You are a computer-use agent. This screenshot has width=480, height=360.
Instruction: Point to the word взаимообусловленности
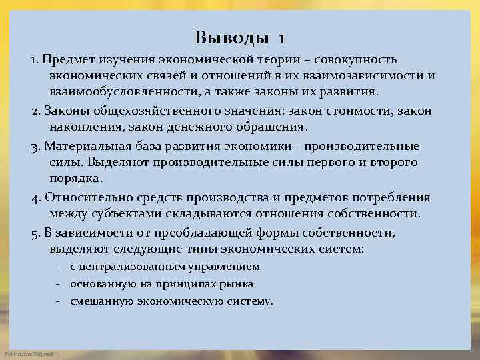(x=123, y=91)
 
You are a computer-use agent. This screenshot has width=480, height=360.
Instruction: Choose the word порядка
(x=75, y=178)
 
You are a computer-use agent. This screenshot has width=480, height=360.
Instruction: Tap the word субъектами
(x=117, y=213)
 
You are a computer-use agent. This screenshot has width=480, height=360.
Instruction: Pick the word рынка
(x=237, y=283)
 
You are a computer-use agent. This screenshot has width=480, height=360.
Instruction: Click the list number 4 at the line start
(x=35, y=197)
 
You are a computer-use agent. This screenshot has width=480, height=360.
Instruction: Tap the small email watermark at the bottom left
(x=31, y=354)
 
